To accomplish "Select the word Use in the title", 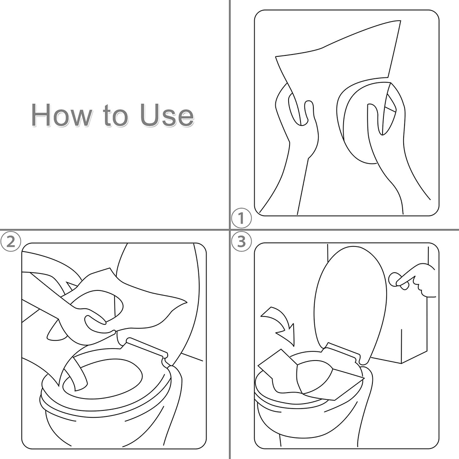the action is [x=167, y=115].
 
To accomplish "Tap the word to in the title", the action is [x=115, y=116].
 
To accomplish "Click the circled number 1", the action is [x=241, y=219].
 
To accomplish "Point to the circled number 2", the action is [x=11, y=242].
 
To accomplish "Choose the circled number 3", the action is [x=241, y=242].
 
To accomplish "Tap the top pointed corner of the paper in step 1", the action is [x=400, y=21].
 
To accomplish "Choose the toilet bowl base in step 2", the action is [x=111, y=421].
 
